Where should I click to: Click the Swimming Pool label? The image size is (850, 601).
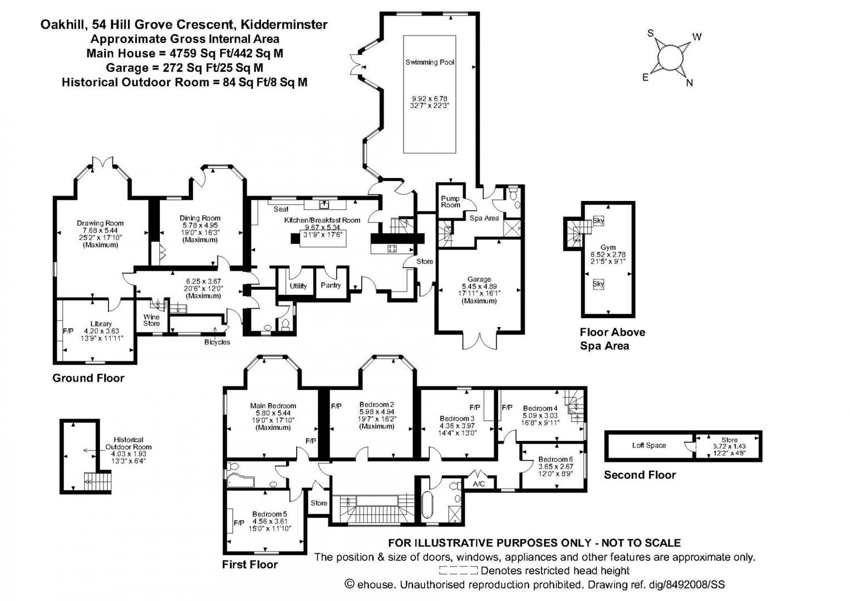[430, 62]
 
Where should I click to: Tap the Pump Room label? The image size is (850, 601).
[450, 201]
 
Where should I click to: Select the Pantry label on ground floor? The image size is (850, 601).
[331, 285]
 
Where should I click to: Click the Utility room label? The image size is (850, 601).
[298, 286]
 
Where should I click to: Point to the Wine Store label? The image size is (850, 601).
[151, 320]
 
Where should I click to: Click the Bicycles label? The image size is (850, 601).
[217, 342]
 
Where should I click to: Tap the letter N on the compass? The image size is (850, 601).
[689, 83]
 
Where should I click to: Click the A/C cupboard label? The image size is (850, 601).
[479, 484]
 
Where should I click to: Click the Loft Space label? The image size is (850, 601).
[649, 445]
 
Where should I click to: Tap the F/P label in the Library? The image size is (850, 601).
[68, 331]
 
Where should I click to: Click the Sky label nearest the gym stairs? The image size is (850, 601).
[598, 221]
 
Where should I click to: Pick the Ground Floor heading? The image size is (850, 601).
[88, 378]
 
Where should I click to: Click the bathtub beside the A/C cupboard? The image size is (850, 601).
[428, 505]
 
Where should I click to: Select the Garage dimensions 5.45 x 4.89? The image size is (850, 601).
[479, 286]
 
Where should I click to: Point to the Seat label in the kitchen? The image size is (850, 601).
[281, 209]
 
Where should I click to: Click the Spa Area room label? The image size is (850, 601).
[484, 218]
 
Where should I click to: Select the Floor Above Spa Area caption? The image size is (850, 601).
[612, 339]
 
